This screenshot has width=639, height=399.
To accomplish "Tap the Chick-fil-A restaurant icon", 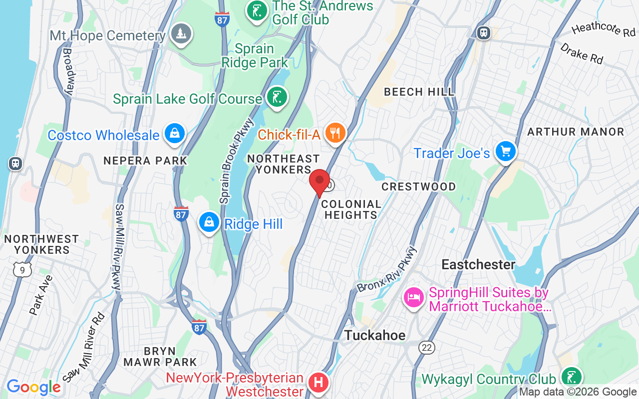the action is point(335,133).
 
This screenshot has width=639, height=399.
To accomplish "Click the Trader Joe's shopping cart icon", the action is point(506,151).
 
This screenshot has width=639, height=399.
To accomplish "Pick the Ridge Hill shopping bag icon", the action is point(209,222).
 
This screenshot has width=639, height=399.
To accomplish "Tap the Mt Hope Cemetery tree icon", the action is point(181,34).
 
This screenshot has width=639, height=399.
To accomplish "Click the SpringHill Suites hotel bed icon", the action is point(414,298).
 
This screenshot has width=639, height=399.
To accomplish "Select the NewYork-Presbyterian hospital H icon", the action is point(318,383).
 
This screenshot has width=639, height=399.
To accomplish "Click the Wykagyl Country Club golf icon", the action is point(571,378).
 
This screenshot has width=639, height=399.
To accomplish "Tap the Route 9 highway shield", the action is point(22,270).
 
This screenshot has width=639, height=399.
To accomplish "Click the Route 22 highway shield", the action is point(427,348).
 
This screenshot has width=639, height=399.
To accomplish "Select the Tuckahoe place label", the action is point(374,335).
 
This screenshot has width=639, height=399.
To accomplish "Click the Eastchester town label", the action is point(478,264).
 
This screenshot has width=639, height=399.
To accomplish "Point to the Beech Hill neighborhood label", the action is point(419,92).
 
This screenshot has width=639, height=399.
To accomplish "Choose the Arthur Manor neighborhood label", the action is point(576,132).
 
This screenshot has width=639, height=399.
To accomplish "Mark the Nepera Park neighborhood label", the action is point(145,161).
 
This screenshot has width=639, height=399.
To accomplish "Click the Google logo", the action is point(33,387).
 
